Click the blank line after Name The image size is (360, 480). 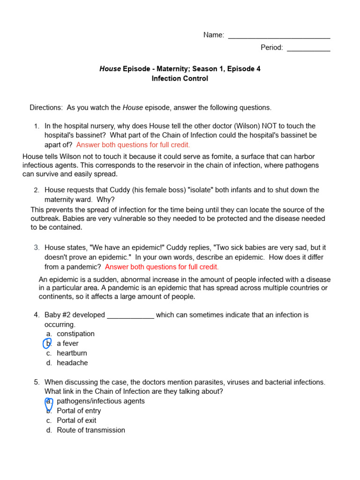click(x=279, y=37)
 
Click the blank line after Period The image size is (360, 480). click(x=308, y=49)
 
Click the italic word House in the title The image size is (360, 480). click(x=110, y=69)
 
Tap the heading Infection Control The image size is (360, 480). click(x=180, y=79)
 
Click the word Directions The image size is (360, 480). click(x=46, y=107)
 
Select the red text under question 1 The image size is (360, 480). click(x=133, y=145)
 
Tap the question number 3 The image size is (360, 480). click(x=37, y=247)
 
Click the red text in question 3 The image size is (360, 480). click(x=162, y=267)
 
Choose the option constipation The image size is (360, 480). click(x=75, y=334)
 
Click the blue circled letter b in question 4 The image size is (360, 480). click(x=47, y=344)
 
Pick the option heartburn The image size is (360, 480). click(x=72, y=353)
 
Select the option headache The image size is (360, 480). click(x=72, y=363)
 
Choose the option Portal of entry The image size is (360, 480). click(x=79, y=411)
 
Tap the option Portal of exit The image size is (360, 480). click(x=76, y=420)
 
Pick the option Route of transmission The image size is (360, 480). click(x=91, y=430)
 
